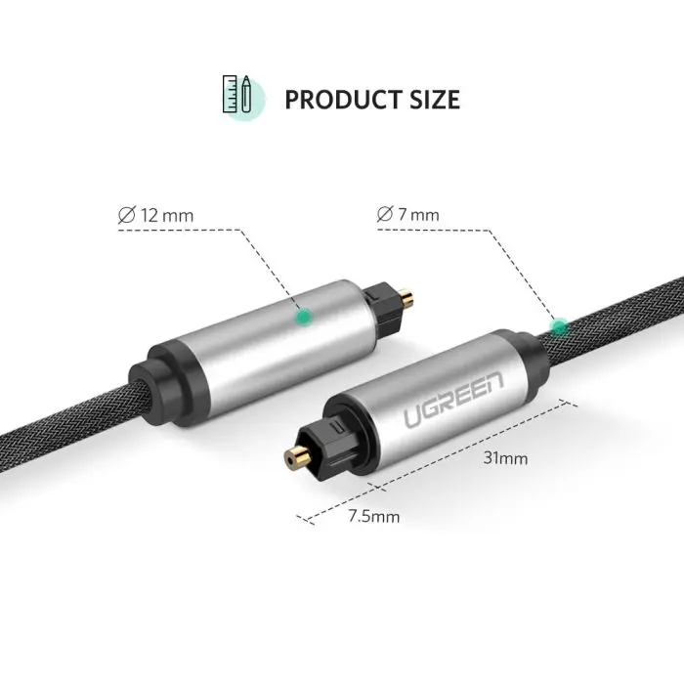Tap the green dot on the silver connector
304,316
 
